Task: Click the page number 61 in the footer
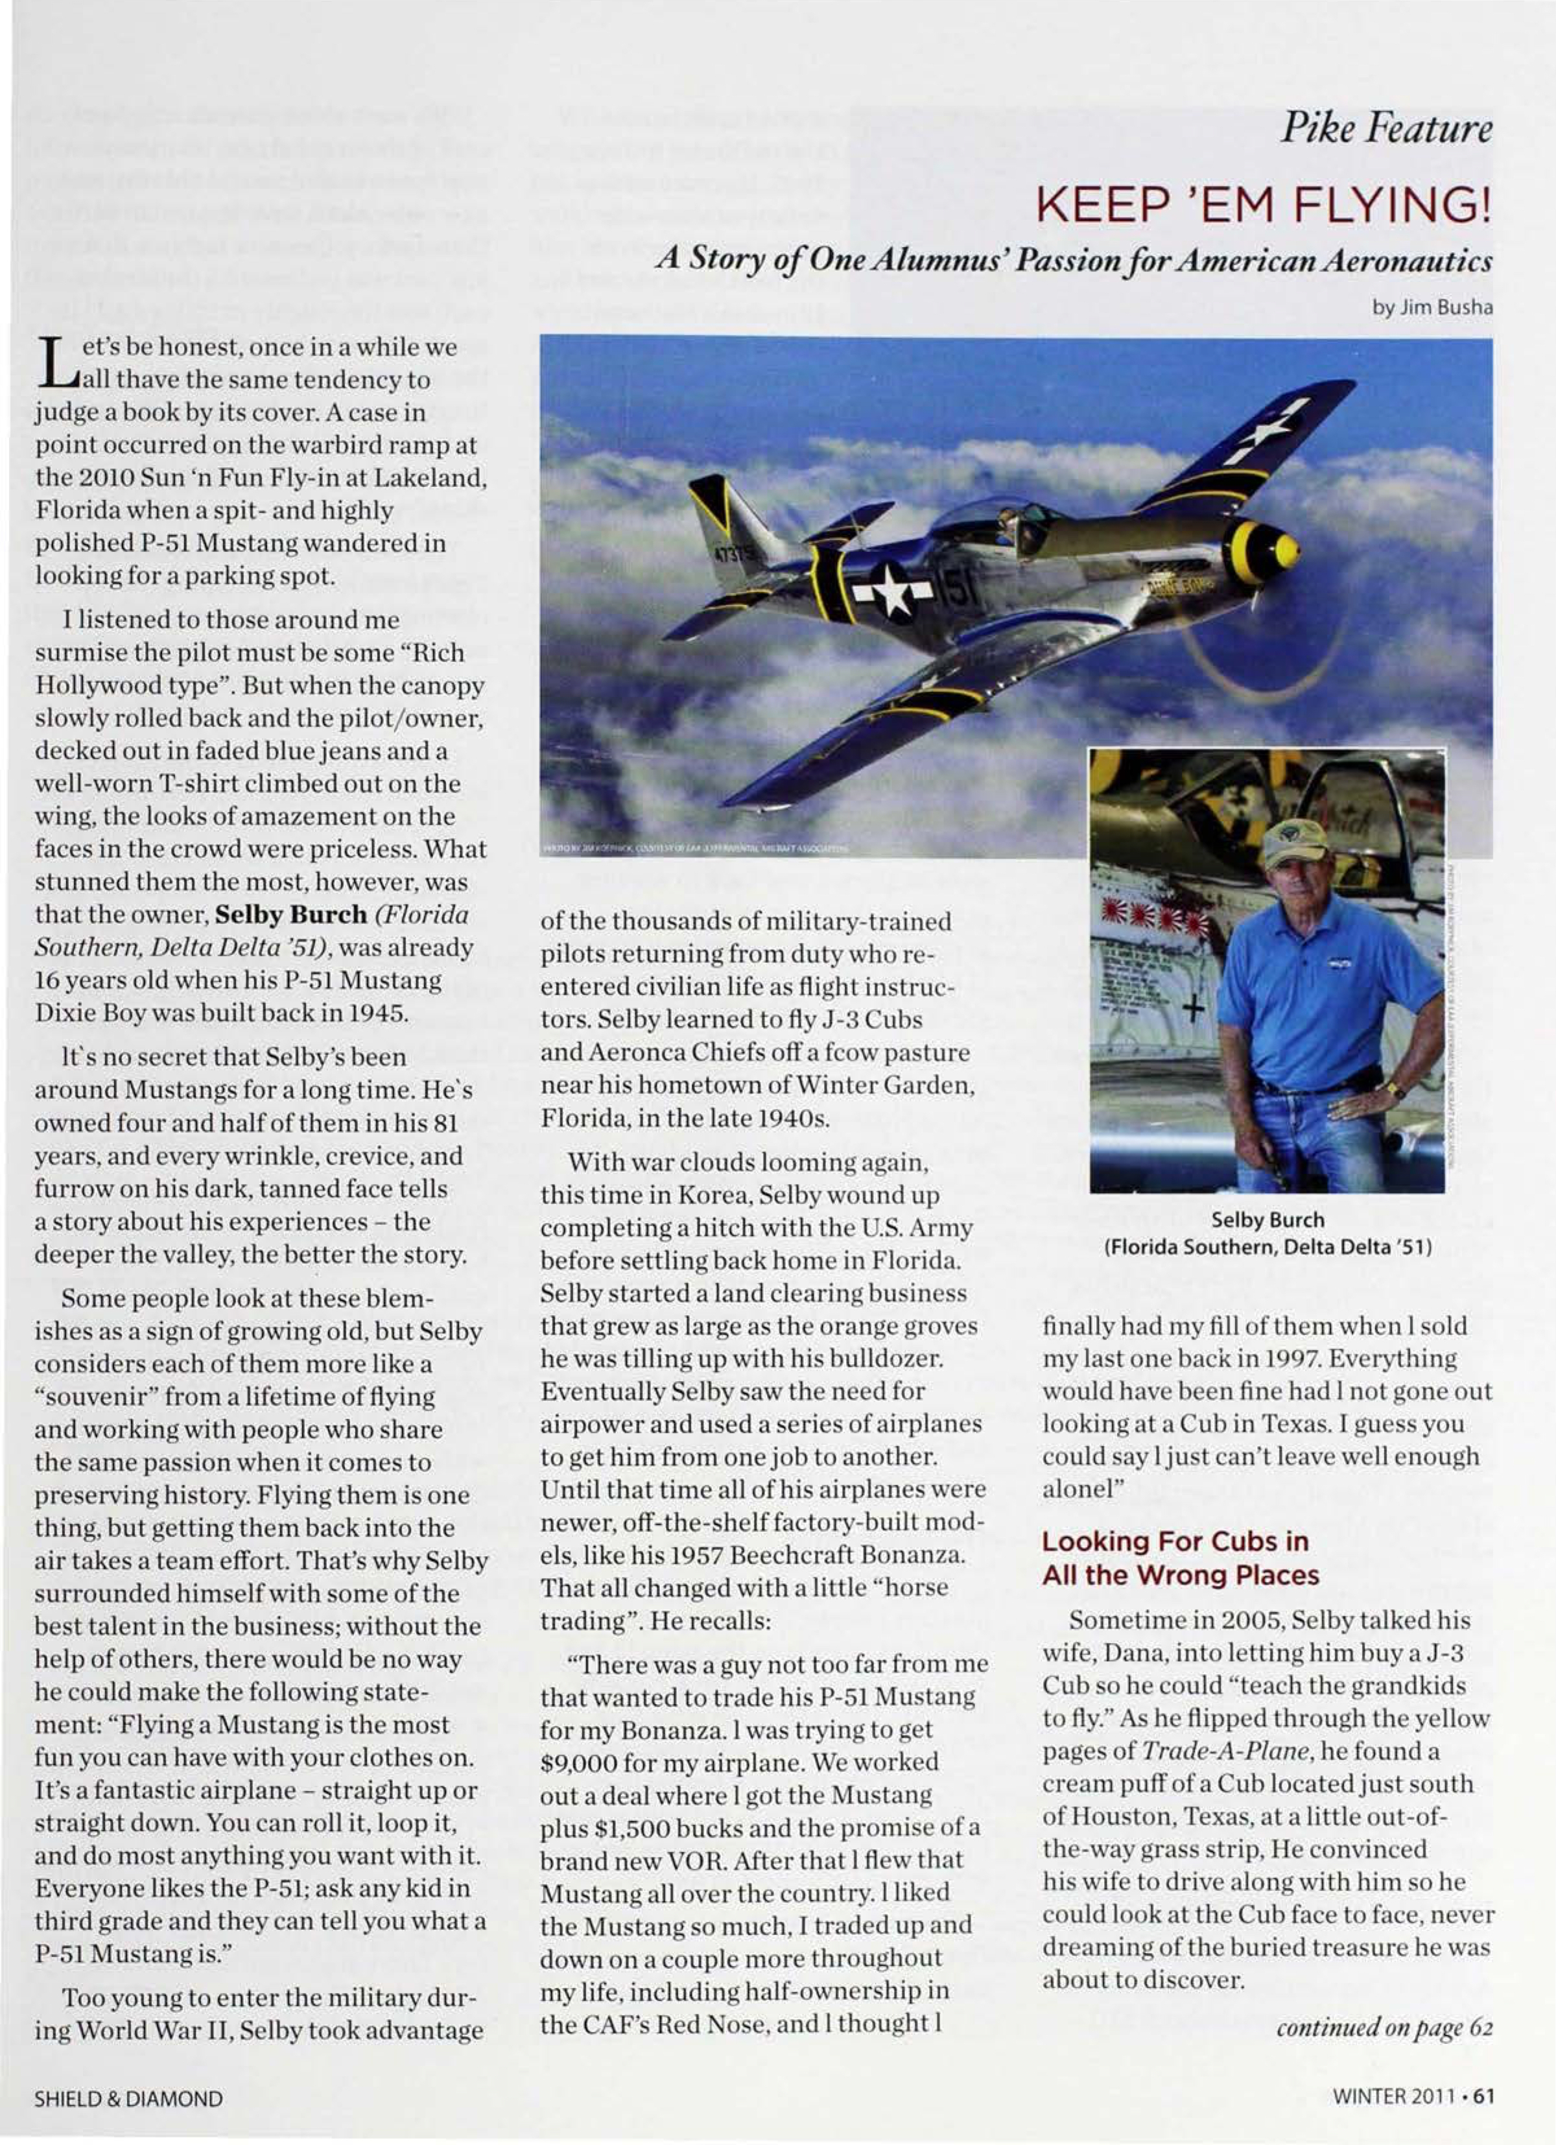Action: tap(1483, 2099)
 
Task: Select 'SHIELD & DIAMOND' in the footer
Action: tap(128, 2100)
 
